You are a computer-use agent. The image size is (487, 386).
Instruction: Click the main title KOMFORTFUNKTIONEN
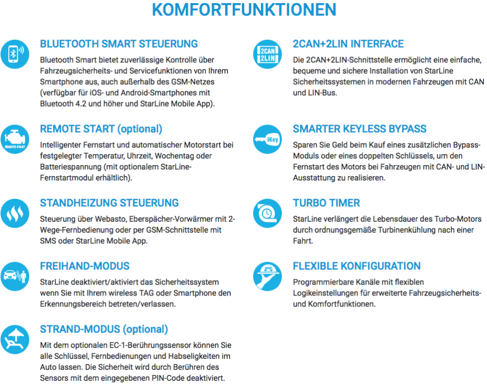pyautogui.click(x=244, y=10)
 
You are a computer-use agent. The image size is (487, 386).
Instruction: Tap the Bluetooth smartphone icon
pyautogui.click(x=15, y=53)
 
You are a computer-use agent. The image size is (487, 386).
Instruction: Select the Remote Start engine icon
pyautogui.click(x=15, y=138)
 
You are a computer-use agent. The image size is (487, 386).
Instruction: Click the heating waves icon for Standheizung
pyautogui.click(x=15, y=212)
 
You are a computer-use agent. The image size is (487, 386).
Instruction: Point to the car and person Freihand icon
pyautogui.click(x=15, y=275)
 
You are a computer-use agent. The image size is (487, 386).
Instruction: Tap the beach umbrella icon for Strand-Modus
pyautogui.click(x=15, y=339)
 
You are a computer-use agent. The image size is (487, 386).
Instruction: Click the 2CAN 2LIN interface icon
pyautogui.click(x=268, y=53)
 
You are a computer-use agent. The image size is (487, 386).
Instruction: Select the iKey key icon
pyautogui.click(x=268, y=138)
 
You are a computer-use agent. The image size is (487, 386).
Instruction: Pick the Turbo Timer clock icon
pyautogui.click(x=268, y=212)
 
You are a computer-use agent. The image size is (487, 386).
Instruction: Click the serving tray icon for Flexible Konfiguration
pyautogui.click(x=268, y=275)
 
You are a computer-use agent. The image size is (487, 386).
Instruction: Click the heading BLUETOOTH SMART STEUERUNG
pyautogui.click(x=119, y=44)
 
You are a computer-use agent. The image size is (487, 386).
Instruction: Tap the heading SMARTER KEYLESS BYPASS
pyautogui.click(x=359, y=129)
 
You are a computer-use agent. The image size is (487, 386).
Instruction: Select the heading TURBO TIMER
pyautogui.click(x=326, y=203)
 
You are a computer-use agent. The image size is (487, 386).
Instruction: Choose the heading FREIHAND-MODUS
pyautogui.click(x=85, y=266)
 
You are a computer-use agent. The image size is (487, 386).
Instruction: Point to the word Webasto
pyautogui.click(x=108, y=219)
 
